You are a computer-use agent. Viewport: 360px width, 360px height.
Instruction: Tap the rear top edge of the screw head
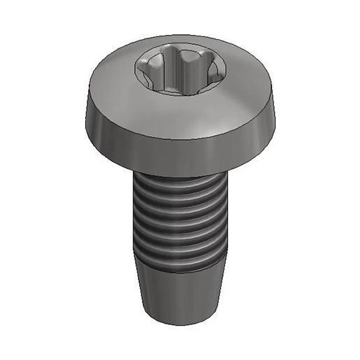coord(180,37)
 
